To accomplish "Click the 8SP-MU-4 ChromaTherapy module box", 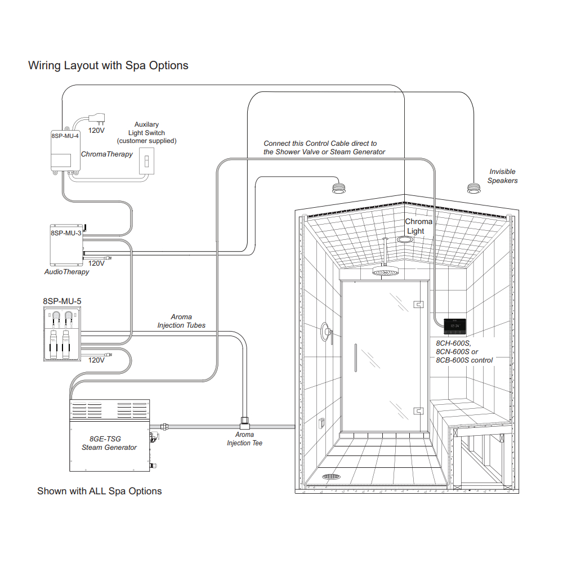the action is point(65,150).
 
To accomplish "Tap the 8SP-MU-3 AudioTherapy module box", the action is point(66,245).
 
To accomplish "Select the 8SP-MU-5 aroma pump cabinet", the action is point(62,334).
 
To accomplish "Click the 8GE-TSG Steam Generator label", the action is point(109,443).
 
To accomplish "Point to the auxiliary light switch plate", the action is point(146,161).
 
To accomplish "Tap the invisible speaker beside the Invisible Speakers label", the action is point(473,188).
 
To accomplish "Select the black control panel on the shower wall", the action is point(455,327).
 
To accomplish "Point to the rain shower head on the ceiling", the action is point(386,271).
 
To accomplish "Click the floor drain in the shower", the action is point(331,476).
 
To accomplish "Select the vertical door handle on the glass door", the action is point(355,358).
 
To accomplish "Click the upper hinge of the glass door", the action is point(419,305).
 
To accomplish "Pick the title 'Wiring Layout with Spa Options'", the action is point(108,66).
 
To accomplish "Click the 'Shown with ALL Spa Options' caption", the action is point(100,491).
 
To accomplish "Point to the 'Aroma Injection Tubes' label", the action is point(181,321).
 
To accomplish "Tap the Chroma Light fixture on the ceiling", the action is point(405,239).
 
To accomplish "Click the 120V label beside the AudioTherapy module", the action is point(96,263).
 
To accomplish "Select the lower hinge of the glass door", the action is point(419,411).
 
